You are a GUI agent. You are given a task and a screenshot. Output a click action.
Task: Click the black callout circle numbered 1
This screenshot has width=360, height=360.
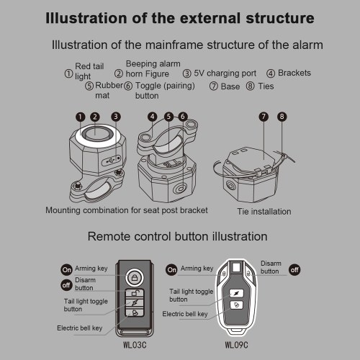[x=80, y=117]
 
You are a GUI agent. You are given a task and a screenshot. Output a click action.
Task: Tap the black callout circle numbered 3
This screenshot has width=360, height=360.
[x=116, y=117]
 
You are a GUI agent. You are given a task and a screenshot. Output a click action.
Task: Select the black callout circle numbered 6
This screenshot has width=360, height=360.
[x=183, y=117]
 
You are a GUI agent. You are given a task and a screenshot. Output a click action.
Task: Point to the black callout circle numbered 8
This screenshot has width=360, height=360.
[x=282, y=117]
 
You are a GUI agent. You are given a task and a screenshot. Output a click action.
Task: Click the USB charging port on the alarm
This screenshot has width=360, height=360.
[x=112, y=160]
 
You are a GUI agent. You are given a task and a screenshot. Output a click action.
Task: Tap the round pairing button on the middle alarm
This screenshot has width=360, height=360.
[x=180, y=189]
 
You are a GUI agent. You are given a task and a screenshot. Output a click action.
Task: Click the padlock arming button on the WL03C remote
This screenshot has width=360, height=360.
[x=135, y=278]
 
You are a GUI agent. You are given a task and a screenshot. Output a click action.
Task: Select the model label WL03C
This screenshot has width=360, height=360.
[x=135, y=345]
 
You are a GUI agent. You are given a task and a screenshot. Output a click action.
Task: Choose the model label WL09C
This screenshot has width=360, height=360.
[x=236, y=345]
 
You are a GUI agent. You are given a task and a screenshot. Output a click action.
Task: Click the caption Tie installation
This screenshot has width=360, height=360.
[x=264, y=212]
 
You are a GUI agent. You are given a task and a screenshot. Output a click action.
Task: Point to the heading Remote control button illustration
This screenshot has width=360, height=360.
[x=177, y=236]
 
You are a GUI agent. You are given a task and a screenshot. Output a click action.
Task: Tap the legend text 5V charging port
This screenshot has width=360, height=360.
[x=225, y=73]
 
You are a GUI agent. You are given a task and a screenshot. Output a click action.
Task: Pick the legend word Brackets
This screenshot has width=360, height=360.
[x=294, y=73]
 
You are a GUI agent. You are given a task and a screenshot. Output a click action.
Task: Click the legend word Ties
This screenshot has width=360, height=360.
[x=266, y=86]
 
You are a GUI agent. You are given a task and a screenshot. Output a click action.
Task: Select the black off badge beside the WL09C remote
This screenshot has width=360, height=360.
[x=294, y=270]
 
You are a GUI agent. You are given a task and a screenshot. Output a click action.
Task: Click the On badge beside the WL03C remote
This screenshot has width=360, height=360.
[x=66, y=270]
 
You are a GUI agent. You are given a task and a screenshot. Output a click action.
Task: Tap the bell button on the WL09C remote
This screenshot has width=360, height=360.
[x=236, y=305]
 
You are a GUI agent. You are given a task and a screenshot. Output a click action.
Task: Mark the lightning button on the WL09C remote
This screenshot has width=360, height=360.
[x=236, y=293]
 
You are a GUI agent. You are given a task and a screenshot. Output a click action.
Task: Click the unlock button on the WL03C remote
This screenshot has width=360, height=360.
[x=135, y=294]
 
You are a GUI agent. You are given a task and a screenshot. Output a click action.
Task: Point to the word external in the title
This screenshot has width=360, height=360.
[x=210, y=18]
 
